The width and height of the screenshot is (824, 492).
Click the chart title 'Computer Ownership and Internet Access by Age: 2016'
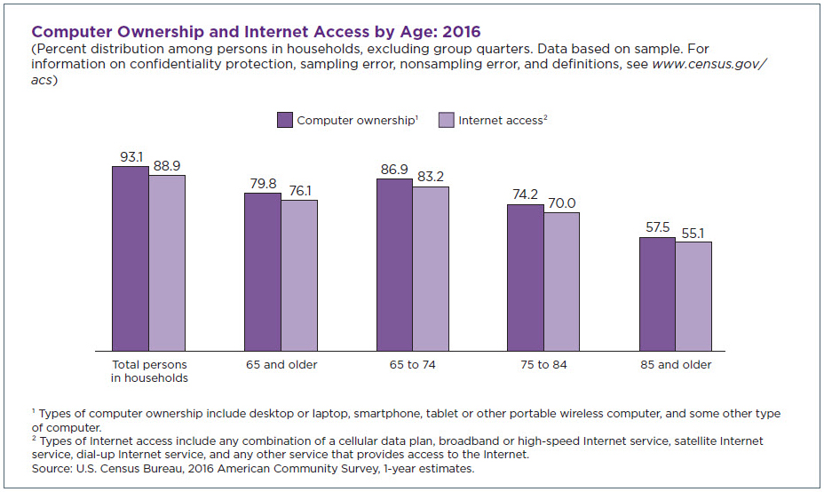tap(256, 33)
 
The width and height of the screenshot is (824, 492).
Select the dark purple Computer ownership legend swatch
tap(285, 120)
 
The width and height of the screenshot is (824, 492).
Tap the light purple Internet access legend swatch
tap(447, 120)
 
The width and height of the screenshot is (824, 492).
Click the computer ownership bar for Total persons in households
tap(131, 258)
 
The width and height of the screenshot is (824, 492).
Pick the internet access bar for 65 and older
tap(299, 275)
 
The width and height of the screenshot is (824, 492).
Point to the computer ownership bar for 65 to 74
tap(394, 265)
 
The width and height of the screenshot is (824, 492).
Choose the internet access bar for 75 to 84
tap(561, 282)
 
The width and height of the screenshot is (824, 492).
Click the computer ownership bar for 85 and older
tap(657, 294)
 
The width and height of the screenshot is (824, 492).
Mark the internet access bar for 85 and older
tap(693, 297)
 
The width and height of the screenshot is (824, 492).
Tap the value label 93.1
tap(131, 157)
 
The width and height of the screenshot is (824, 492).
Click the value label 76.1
tap(300, 191)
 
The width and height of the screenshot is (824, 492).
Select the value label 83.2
tap(431, 177)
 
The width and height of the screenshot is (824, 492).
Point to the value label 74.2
tap(525, 195)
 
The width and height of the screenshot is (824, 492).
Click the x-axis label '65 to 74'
tap(413, 364)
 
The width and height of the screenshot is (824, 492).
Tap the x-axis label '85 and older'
tap(676, 364)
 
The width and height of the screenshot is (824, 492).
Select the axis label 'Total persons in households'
tap(149, 371)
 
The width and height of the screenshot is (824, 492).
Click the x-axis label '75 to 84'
tap(543, 364)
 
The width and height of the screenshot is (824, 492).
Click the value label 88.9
tap(167, 166)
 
